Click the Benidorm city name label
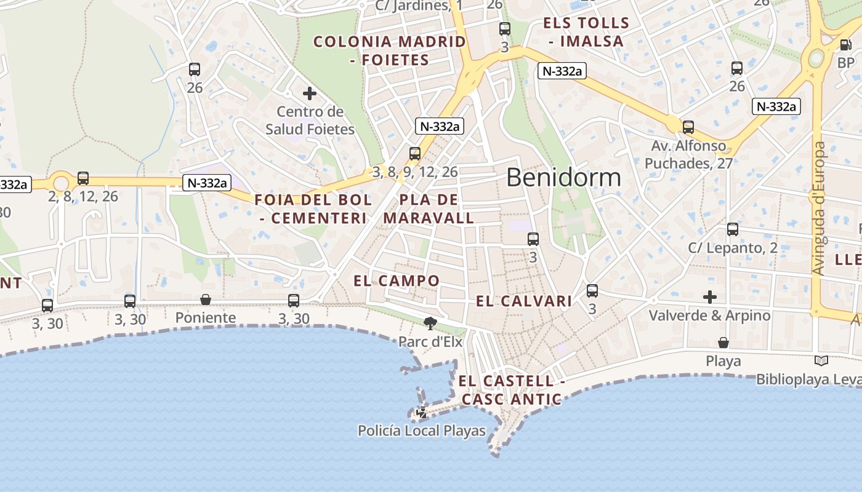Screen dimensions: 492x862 563,178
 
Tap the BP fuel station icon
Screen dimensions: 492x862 846,44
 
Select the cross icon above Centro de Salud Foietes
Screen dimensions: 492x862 310,93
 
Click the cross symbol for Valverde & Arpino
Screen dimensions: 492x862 710,298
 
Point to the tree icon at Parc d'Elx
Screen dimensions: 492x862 430,323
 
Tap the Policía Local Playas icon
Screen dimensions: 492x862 422,413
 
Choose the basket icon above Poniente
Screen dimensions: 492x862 206,300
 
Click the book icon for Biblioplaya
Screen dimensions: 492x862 821,361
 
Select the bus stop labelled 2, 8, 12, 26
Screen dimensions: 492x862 83,178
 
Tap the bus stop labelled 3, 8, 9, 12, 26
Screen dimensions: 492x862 415,154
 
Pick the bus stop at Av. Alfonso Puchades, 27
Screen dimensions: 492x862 688,127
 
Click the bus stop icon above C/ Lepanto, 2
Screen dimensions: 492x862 732,229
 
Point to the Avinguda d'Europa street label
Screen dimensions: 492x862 818,209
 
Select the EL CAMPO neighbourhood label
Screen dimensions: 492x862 397,281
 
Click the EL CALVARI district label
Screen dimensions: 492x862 524,301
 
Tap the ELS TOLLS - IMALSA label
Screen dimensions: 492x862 586,33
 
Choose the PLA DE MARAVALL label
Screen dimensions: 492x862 429,209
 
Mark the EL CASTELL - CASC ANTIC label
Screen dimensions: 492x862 511,390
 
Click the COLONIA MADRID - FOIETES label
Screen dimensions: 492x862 389,50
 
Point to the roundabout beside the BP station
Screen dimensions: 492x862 816,58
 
